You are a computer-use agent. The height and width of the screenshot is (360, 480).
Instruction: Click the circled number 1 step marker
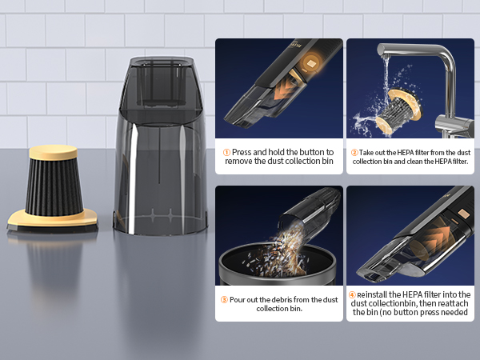point(226,151)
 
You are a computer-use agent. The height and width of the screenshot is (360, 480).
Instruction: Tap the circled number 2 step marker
point(354,151)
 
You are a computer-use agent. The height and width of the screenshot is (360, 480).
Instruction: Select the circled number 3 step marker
point(225,299)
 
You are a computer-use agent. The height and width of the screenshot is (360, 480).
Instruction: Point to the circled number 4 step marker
point(351,295)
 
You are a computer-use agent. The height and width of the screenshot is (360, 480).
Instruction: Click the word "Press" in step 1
point(242,151)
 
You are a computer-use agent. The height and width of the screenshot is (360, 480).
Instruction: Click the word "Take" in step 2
point(369,151)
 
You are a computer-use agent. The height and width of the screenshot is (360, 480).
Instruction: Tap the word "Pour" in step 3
point(240,299)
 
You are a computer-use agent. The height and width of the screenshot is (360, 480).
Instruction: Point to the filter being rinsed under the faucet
point(401,108)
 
